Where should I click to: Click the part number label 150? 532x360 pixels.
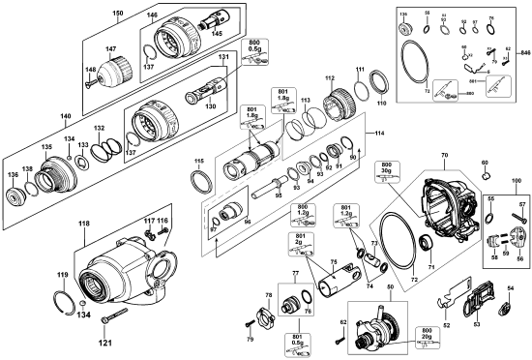pyautogui.click(x=118, y=13)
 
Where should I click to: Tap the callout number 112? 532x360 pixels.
pyautogui.click(x=329, y=77)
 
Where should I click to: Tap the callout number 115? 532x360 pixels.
pyautogui.click(x=199, y=162)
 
